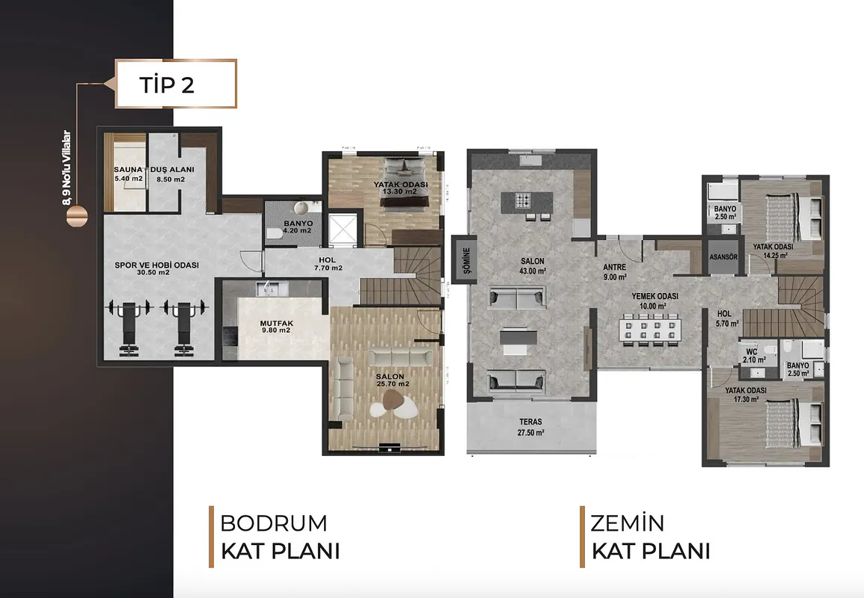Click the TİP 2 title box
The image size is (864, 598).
pos(176,84)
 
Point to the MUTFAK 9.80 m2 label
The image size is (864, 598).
pos(277,327)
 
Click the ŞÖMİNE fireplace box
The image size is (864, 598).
pos(464,259)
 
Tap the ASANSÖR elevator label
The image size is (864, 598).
pos(723,257)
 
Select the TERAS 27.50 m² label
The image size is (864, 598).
pos(530,428)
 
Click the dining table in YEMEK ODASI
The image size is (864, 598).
pos(650,330)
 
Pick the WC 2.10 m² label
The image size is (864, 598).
pos(754,356)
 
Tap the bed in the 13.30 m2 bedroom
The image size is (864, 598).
pos(405,182)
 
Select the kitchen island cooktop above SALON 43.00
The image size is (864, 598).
pos(522,200)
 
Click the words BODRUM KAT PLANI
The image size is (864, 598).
pos(280,536)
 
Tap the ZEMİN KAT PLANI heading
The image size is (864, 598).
pos(651,536)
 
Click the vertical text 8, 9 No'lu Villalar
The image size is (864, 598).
pos(67,168)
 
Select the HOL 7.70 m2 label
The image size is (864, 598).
pos(328,264)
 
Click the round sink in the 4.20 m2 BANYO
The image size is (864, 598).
pos(301,208)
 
